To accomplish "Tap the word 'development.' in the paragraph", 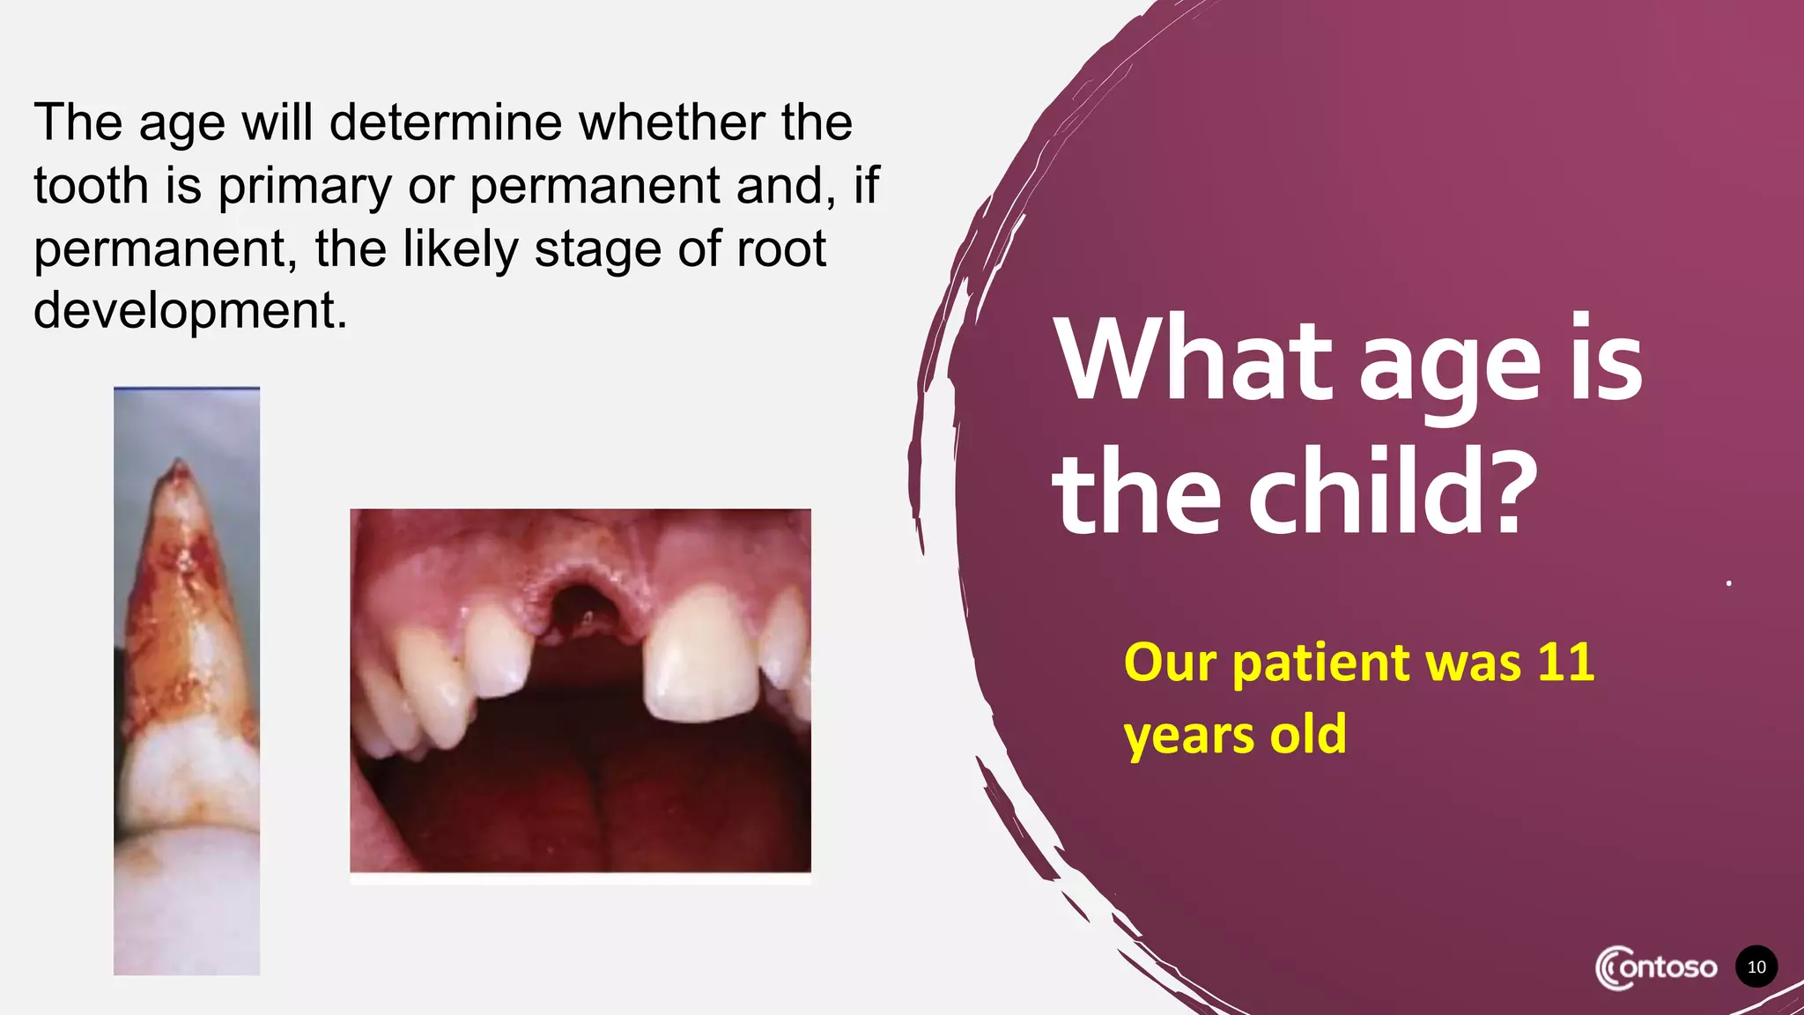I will click(x=190, y=310).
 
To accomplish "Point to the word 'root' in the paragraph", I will click(x=780, y=248).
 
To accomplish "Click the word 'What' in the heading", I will click(x=1194, y=361).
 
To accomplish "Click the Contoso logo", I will click(x=1656, y=967).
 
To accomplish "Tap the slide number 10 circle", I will click(x=1756, y=967).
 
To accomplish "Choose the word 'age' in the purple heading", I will click(x=1449, y=366).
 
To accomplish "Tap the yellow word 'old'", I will click(x=1308, y=734).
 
